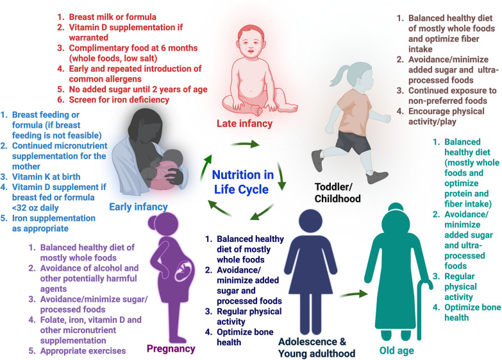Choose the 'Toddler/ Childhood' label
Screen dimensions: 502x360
coord(338,193)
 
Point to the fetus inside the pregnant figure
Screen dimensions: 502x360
coord(171,279)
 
